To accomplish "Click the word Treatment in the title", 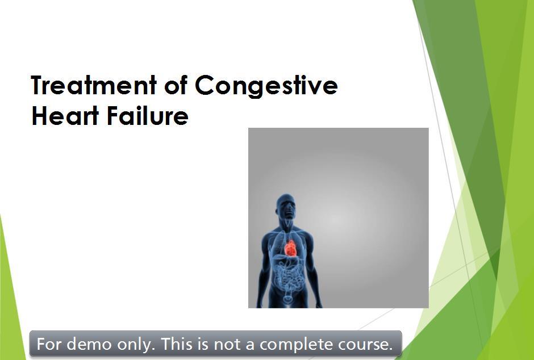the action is [x=94, y=85].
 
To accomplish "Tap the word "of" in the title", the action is [x=176, y=85].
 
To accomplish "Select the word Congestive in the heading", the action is [x=266, y=86].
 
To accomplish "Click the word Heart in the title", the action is [x=65, y=115].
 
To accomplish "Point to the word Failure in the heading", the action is [x=148, y=115].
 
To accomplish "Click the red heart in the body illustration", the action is [x=290, y=248].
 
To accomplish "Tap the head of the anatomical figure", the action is [x=286, y=206].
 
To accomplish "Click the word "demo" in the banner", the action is [x=89, y=344].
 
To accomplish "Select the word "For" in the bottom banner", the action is [x=50, y=344].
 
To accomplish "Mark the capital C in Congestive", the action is [x=203, y=85].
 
